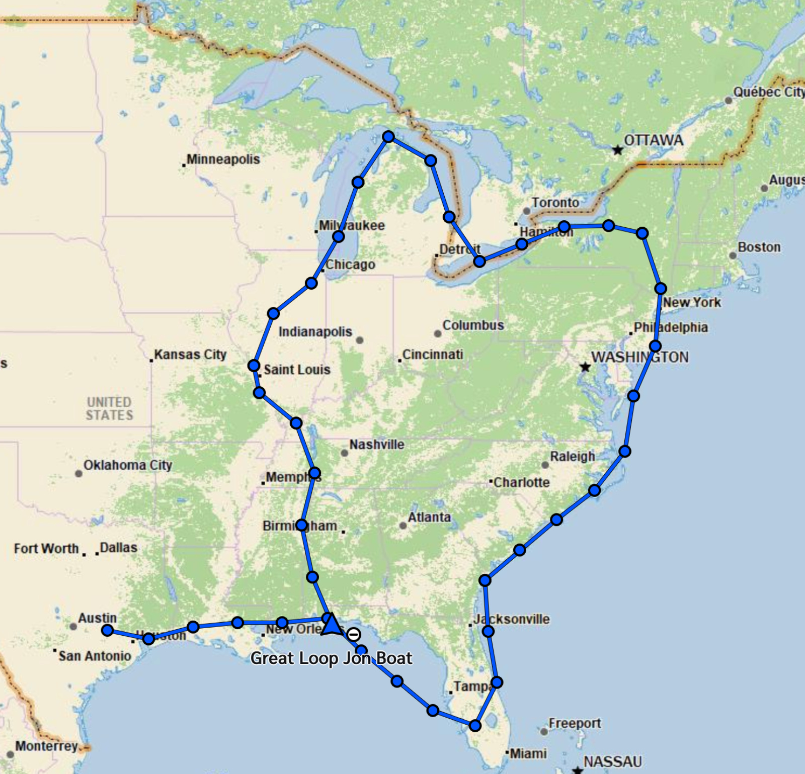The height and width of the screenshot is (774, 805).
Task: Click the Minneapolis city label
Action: (x=223, y=159)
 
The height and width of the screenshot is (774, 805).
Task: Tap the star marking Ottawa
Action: (x=617, y=150)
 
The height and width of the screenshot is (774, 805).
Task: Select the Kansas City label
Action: (x=190, y=355)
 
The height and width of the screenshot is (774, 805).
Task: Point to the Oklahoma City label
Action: (x=128, y=465)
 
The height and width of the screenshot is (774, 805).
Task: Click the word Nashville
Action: (x=377, y=445)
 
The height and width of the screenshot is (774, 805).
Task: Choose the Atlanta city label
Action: (x=429, y=518)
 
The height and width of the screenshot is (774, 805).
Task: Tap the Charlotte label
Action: (x=521, y=483)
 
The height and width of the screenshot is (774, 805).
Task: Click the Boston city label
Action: (x=759, y=247)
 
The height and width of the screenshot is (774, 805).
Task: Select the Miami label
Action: (x=528, y=753)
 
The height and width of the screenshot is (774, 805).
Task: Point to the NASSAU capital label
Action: (x=612, y=762)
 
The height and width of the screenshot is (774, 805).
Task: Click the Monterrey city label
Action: (x=46, y=746)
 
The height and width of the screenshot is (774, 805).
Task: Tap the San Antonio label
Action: (x=95, y=656)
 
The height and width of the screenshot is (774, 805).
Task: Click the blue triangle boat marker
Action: (x=331, y=625)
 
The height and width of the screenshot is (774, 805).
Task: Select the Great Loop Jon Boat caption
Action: (x=331, y=658)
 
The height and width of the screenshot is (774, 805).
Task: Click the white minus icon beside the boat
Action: (x=354, y=634)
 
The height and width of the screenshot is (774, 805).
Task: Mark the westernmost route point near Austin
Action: (x=107, y=630)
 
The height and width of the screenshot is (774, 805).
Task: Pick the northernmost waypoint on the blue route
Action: (x=388, y=137)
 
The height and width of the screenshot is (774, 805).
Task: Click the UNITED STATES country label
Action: (x=109, y=408)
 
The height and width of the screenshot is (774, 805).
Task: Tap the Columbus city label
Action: (x=473, y=325)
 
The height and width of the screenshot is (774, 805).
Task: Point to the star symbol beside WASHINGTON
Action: (x=585, y=367)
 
